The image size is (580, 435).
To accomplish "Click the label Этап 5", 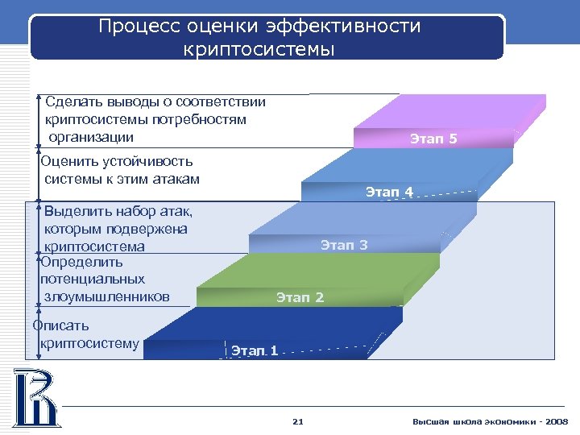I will pyautogui.click(x=433, y=139).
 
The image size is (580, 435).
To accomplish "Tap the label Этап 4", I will pyautogui.click(x=389, y=192).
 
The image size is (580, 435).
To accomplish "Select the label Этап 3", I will pyautogui.click(x=344, y=245).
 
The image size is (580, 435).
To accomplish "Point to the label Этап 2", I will pyautogui.click(x=300, y=298).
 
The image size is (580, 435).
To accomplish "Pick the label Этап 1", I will pyautogui.click(x=255, y=350).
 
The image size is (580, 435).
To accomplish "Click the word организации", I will pyautogui.click(x=90, y=136).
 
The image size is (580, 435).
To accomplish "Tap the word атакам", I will pyautogui.click(x=172, y=179).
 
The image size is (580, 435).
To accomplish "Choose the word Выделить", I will pyautogui.click(x=77, y=212).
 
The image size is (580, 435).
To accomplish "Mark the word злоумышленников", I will pyautogui.click(x=107, y=296).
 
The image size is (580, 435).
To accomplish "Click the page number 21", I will pyautogui.click(x=297, y=421).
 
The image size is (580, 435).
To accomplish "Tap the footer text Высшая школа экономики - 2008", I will pyautogui.click(x=490, y=421).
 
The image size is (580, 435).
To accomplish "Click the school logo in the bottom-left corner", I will pyautogui.click(x=34, y=396).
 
